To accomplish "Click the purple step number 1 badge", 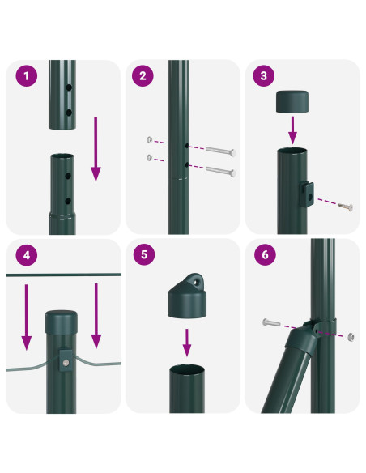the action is coord(27,75).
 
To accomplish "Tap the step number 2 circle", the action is coord(143,75).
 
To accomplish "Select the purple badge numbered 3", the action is coord(263,75).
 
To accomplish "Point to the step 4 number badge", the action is coord(27,255).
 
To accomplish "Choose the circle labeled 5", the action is coord(144,254).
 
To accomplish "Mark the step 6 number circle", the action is coord(265,254).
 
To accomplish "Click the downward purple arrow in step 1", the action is coord(96,149).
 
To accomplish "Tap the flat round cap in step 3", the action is coord(292,102).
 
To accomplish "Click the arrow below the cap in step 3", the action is coord(292,130).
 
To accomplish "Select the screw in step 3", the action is coord(346,207).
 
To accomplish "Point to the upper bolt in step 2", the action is coord(220,151).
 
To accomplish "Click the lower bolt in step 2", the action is coord(220,171).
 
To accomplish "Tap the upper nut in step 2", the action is coord(150,139).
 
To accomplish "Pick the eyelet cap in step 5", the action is coord(187,296).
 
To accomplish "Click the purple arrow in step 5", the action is coord(187,343).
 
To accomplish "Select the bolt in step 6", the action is coord(271,322).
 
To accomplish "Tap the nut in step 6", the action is coord(351,337).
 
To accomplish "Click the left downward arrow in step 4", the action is coord(27,317).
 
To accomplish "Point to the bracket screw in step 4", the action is coord(66,363).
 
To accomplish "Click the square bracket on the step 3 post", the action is coord(307,194).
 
